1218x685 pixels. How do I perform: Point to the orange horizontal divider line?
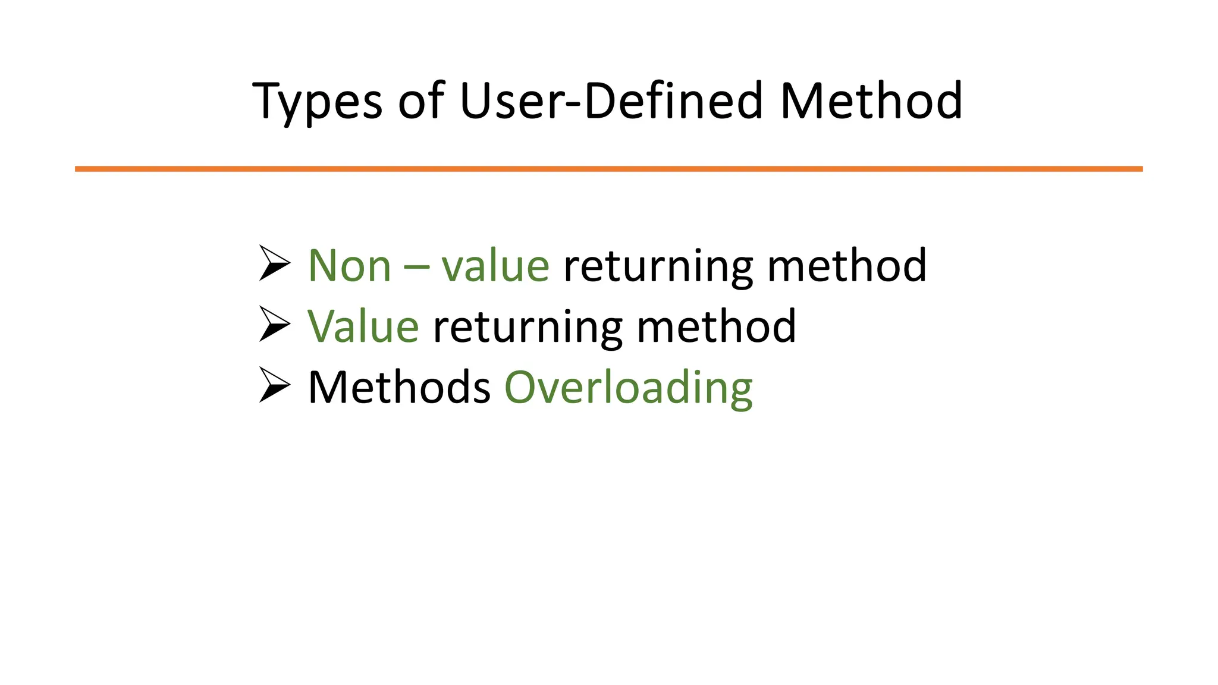(608, 169)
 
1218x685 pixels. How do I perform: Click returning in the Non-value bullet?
(658, 266)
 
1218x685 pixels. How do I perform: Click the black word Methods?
(399, 387)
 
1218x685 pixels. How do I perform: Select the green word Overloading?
(628, 388)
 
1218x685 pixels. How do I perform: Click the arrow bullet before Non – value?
(274, 263)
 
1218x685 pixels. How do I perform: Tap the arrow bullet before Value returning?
(274, 324)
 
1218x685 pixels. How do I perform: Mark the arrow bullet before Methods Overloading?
(274, 385)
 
